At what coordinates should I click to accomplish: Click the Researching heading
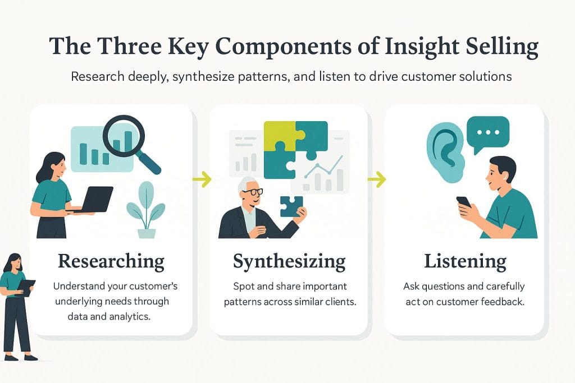point(111,261)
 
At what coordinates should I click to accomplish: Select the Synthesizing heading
point(289,261)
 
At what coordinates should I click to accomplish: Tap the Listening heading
point(465,261)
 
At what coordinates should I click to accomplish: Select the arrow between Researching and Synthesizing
point(202,179)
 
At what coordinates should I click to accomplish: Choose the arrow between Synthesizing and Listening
point(377,179)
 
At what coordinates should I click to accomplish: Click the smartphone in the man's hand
point(464,204)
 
